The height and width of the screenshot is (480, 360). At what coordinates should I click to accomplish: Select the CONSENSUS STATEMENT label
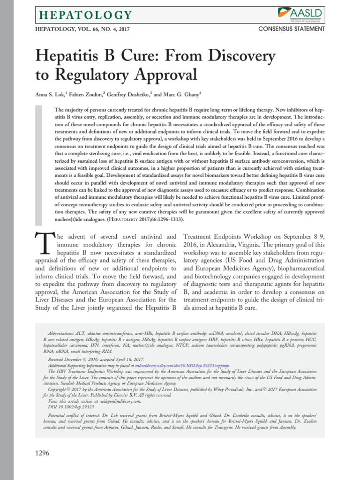291,29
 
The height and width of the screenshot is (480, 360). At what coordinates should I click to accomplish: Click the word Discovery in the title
239,57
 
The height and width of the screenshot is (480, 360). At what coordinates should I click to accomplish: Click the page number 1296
42,453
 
